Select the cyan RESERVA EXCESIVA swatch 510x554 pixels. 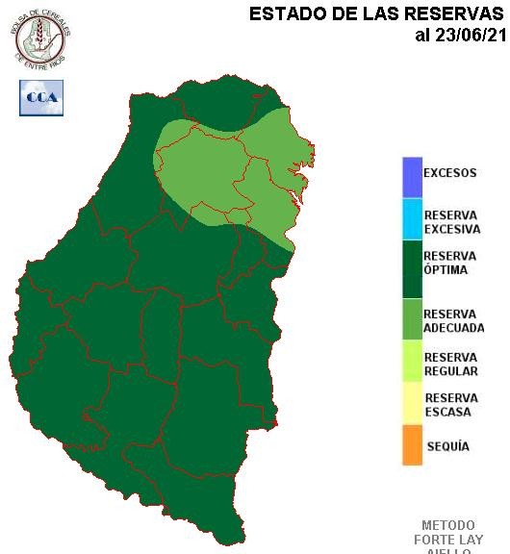(x=412, y=218)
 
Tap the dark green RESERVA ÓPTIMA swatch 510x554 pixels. (x=412, y=270)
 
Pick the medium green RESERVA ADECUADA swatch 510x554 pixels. (x=412, y=320)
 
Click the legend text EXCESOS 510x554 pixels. (x=449, y=174)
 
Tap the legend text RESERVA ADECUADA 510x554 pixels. (x=453, y=321)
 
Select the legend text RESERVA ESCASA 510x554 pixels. (x=448, y=405)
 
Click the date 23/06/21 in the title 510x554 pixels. (x=472, y=36)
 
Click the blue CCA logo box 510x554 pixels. (x=40, y=97)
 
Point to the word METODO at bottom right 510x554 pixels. (x=447, y=526)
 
